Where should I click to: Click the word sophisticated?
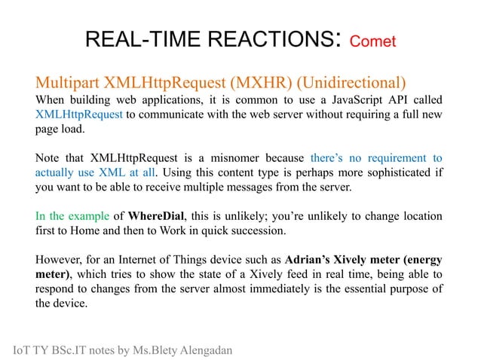click(378, 173)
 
